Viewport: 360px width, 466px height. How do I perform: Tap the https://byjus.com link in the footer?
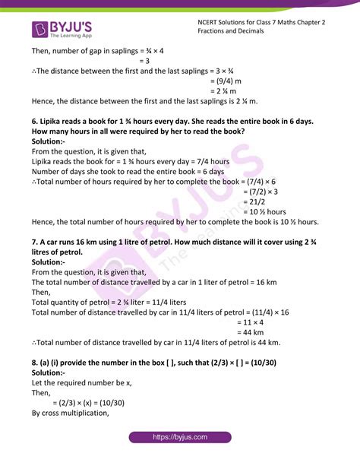[x=180, y=450]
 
